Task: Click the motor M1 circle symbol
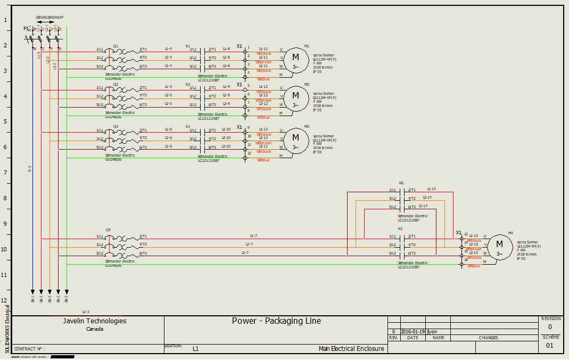tap(295, 59)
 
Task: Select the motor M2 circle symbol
tap(295, 97)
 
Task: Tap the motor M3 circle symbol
tap(295, 139)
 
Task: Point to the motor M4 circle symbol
tap(499, 246)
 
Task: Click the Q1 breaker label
tap(116, 46)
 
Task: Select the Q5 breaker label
tap(108, 230)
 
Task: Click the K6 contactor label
tap(401, 183)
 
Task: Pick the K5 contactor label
tap(400, 229)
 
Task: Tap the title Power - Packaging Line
tap(276, 321)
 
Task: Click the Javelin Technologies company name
tap(95, 321)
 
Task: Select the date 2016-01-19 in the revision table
tap(413, 331)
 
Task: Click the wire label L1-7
tap(253, 235)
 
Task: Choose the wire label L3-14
tap(423, 206)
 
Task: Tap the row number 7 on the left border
tap(6, 173)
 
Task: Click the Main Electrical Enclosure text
tap(351, 349)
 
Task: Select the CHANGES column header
tap(488, 338)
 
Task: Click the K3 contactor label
tap(187, 126)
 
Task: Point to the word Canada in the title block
tap(95, 329)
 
